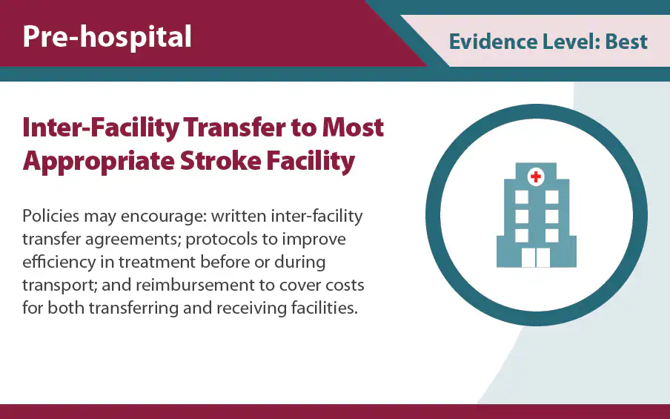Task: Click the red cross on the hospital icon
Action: click(x=534, y=176)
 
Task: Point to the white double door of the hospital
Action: click(x=535, y=257)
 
